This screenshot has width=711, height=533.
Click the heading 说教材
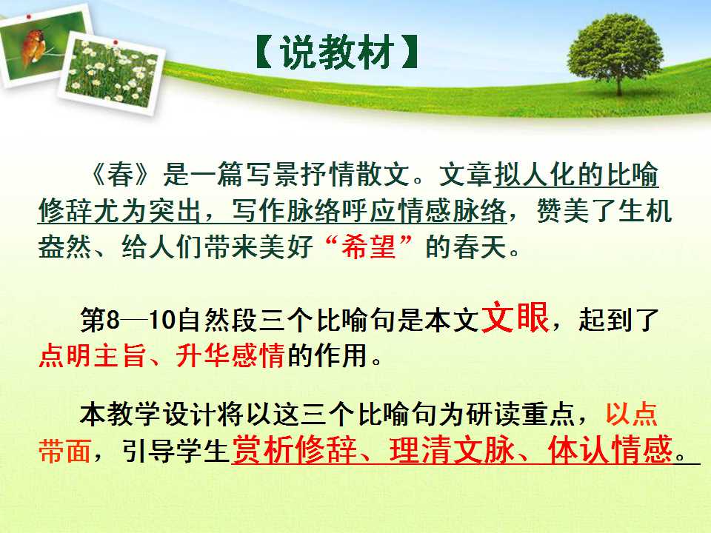(336, 53)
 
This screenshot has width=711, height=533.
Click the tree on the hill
(615, 53)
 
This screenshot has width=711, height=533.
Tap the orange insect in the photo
(33, 46)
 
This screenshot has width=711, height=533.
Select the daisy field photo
(112, 73)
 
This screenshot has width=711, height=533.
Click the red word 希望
(369, 247)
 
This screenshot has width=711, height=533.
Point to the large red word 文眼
(515, 318)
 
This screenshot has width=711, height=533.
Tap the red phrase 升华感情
(231, 355)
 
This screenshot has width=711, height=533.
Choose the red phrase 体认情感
(610, 449)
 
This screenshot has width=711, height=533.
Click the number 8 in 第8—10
(113, 320)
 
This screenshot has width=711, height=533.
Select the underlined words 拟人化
(535, 175)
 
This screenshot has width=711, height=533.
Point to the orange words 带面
(65, 451)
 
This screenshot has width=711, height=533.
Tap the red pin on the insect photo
(30, 16)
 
